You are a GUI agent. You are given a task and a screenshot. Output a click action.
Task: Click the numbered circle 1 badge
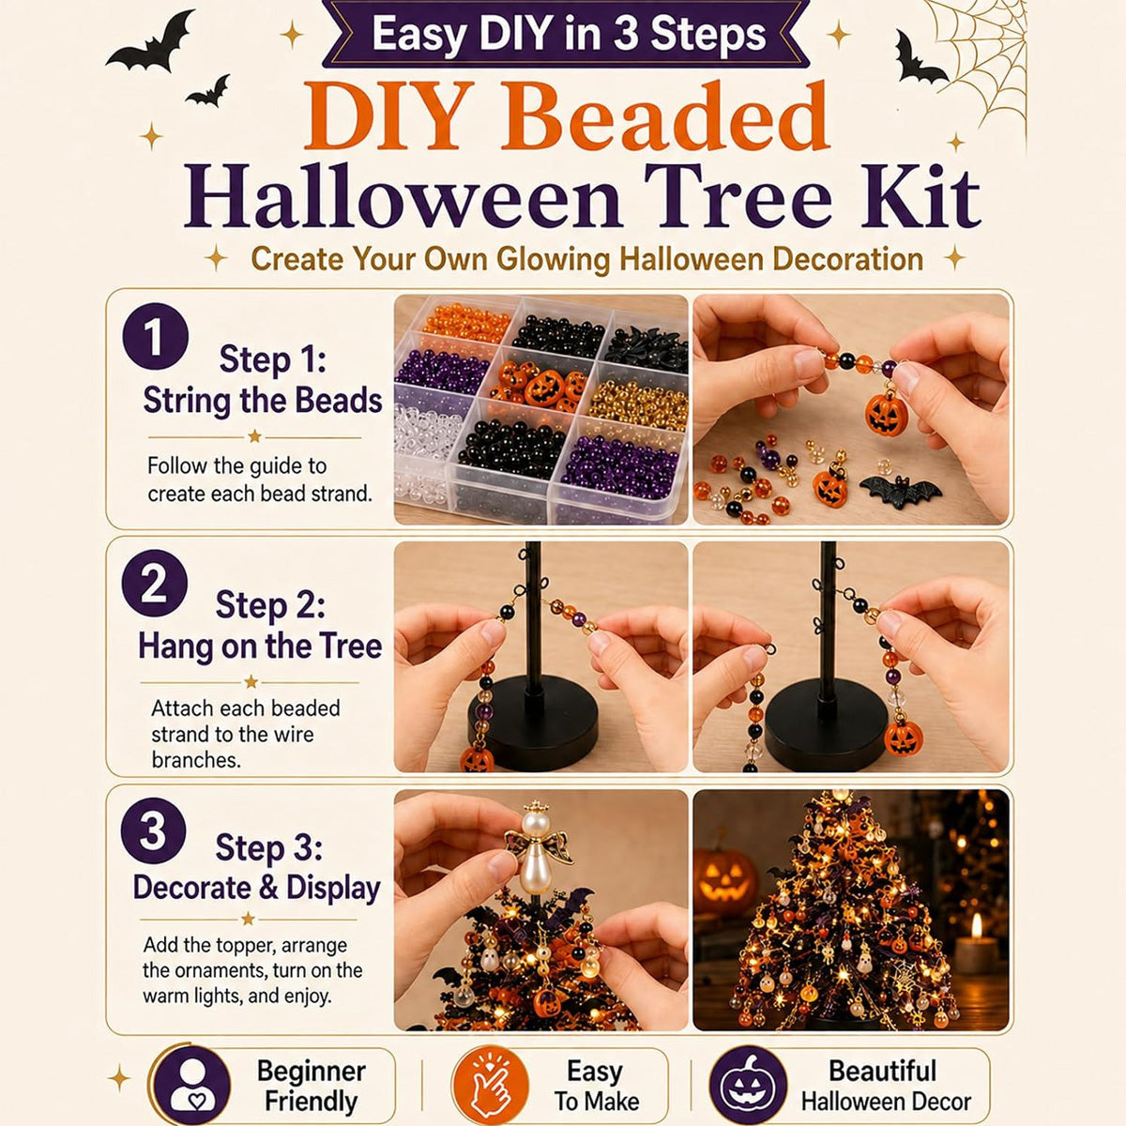[x=156, y=336]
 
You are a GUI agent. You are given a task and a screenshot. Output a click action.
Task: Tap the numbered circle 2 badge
[x=155, y=583]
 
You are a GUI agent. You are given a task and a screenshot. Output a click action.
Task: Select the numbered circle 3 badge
[x=154, y=830]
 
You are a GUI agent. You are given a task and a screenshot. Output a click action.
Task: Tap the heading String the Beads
[x=263, y=402]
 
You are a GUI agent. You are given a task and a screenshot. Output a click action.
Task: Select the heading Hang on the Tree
[x=260, y=647]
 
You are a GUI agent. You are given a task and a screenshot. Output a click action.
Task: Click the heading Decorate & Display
[x=256, y=889]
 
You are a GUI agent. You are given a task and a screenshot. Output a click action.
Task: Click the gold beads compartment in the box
[x=639, y=403]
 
